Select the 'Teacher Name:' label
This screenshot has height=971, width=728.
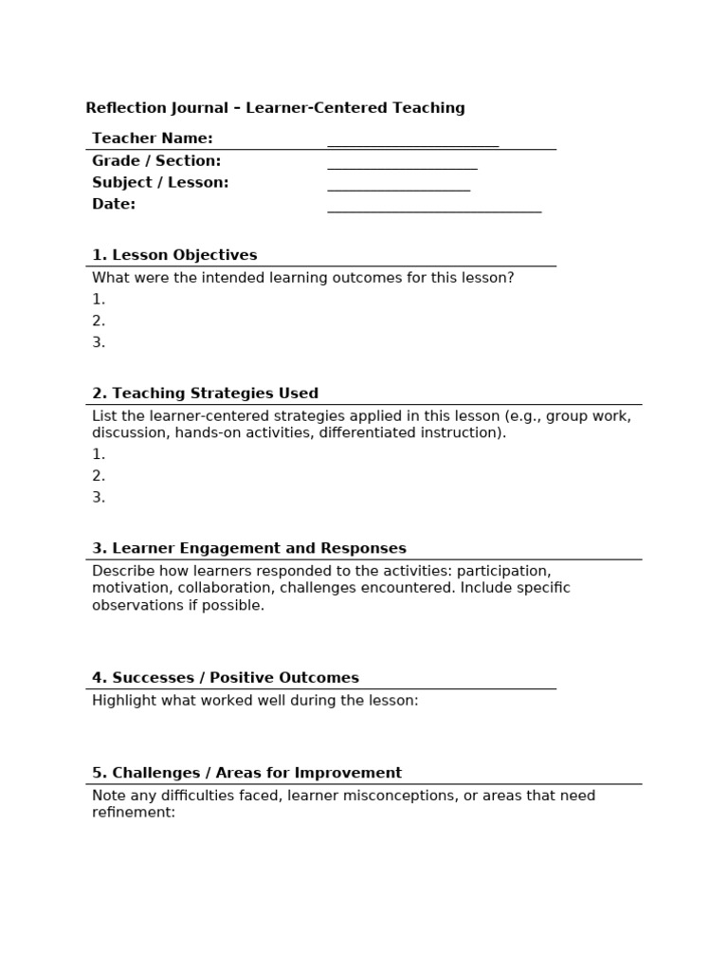(152, 138)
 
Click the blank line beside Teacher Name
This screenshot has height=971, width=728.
(412, 144)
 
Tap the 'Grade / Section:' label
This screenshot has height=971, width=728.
(155, 161)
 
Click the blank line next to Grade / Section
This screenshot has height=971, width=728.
(402, 167)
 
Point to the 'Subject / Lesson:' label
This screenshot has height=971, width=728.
(160, 183)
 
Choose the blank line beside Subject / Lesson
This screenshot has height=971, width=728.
(398, 189)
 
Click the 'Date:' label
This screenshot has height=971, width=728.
(114, 204)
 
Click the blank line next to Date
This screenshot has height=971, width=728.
(434, 210)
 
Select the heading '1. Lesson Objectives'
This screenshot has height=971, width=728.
(174, 255)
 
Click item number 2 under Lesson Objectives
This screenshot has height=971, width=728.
(99, 321)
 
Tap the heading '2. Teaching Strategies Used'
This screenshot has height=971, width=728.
(205, 394)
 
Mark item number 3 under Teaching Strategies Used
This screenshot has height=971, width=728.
(99, 498)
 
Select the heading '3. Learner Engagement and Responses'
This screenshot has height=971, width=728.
(249, 549)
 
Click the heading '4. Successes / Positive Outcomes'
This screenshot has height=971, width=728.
(226, 678)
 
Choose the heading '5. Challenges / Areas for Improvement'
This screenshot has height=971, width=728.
(246, 773)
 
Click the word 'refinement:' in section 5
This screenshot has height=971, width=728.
(134, 813)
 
